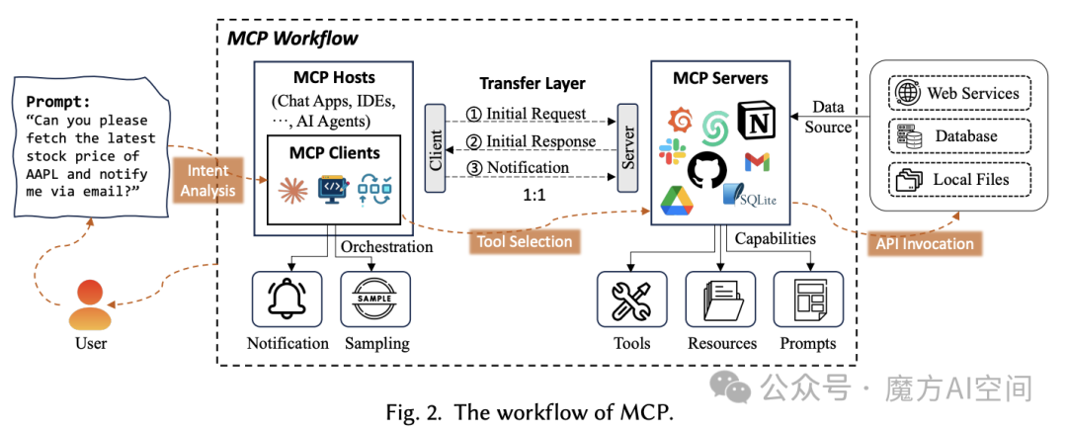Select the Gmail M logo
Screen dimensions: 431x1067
tap(758, 161)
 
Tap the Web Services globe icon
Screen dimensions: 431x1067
tap(905, 94)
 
